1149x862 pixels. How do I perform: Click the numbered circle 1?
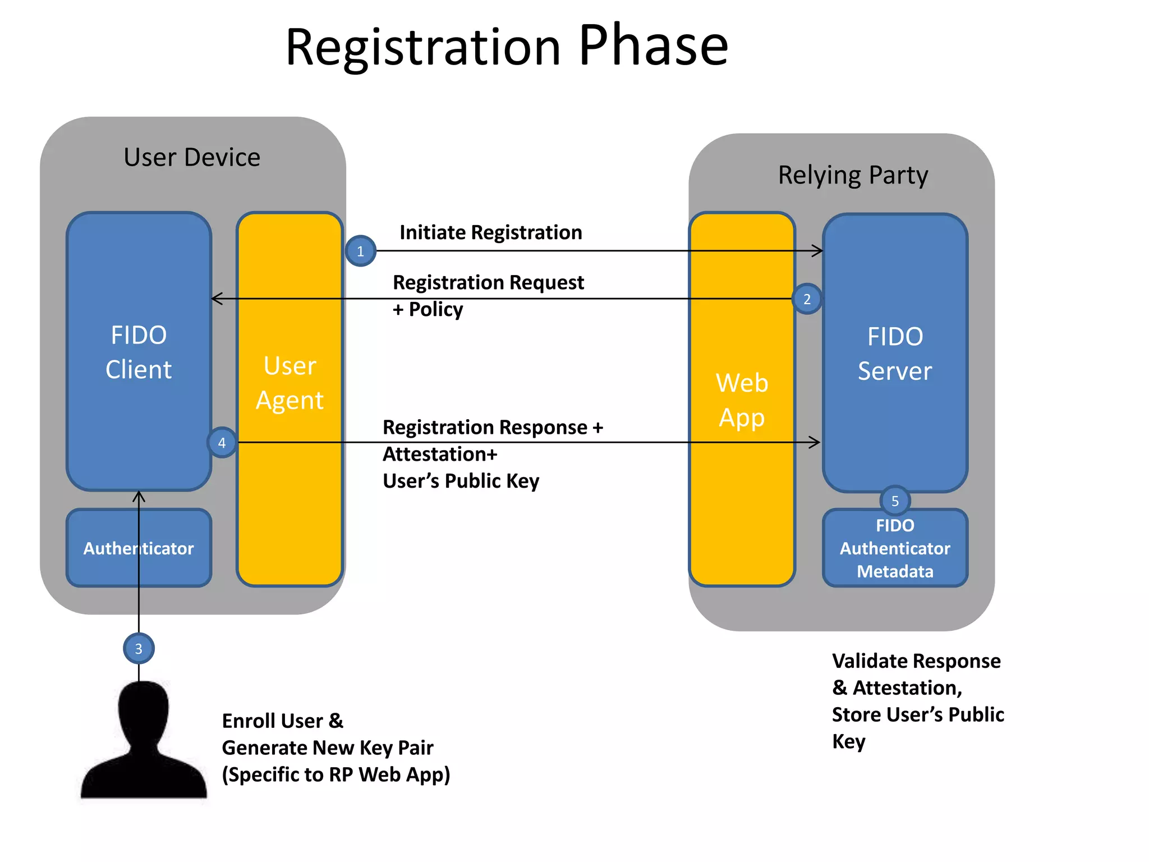pyautogui.click(x=360, y=251)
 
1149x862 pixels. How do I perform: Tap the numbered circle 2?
pyautogui.click(x=807, y=299)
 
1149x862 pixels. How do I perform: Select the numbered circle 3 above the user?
pyautogui.click(x=139, y=648)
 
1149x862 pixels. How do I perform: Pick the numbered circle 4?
pyautogui.click(x=222, y=442)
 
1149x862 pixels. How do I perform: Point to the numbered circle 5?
pyautogui.click(x=895, y=501)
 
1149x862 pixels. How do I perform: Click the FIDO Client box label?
pyautogui.click(x=139, y=352)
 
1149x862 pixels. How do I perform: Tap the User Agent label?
pyautogui.click(x=289, y=383)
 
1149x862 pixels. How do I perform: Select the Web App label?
pyautogui.click(x=742, y=400)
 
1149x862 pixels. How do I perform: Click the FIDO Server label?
pyautogui.click(x=895, y=354)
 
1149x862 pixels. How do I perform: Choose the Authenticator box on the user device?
pyautogui.click(x=139, y=548)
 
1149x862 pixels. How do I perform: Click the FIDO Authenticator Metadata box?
pyautogui.click(x=895, y=548)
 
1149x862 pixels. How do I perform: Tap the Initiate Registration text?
pyautogui.click(x=490, y=232)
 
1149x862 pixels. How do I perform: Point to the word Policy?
pyautogui.click(x=436, y=309)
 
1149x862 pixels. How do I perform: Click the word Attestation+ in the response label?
pyautogui.click(x=440, y=454)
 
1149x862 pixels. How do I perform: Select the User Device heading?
pyautogui.click(x=192, y=157)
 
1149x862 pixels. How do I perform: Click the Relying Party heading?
pyautogui.click(x=853, y=175)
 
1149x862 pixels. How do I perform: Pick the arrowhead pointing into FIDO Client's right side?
pyautogui.click(x=216, y=299)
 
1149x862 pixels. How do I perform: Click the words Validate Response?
pyautogui.click(x=916, y=661)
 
